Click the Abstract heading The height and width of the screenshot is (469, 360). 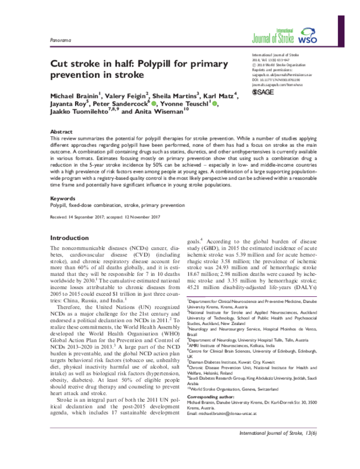61,130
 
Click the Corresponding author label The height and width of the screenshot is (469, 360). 211,414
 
